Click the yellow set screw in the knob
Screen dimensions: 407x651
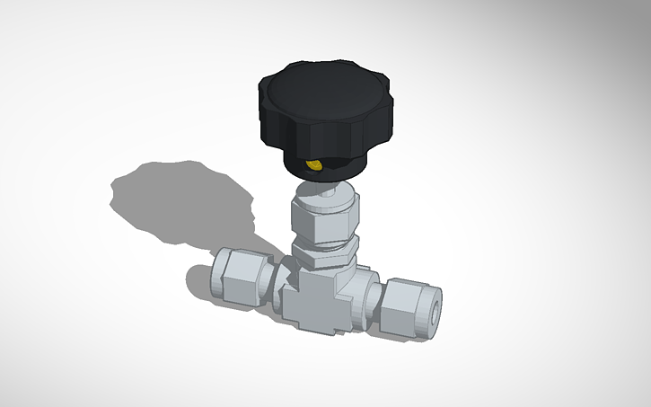click(314, 165)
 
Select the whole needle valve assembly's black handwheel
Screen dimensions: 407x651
click(323, 112)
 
